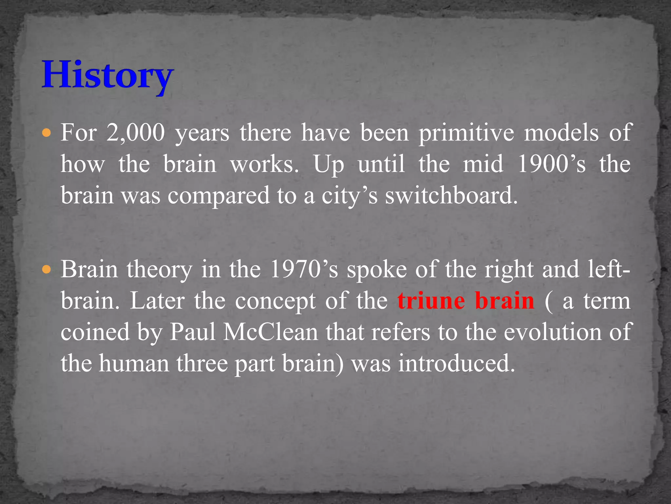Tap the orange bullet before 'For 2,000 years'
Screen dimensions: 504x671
click(x=47, y=133)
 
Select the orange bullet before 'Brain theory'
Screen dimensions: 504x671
click(x=47, y=270)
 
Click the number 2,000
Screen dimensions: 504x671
click(x=135, y=133)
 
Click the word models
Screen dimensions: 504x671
click(x=561, y=133)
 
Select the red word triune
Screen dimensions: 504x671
click(x=431, y=301)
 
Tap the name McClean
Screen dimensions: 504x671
click(x=271, y=332)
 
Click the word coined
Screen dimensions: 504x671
click(x=95, y=332)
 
